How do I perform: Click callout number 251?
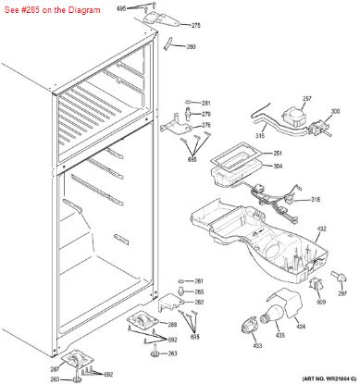251,154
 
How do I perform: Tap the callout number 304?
251,167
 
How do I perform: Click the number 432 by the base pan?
322,229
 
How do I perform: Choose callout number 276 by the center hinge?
206,126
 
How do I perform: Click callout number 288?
172,325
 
